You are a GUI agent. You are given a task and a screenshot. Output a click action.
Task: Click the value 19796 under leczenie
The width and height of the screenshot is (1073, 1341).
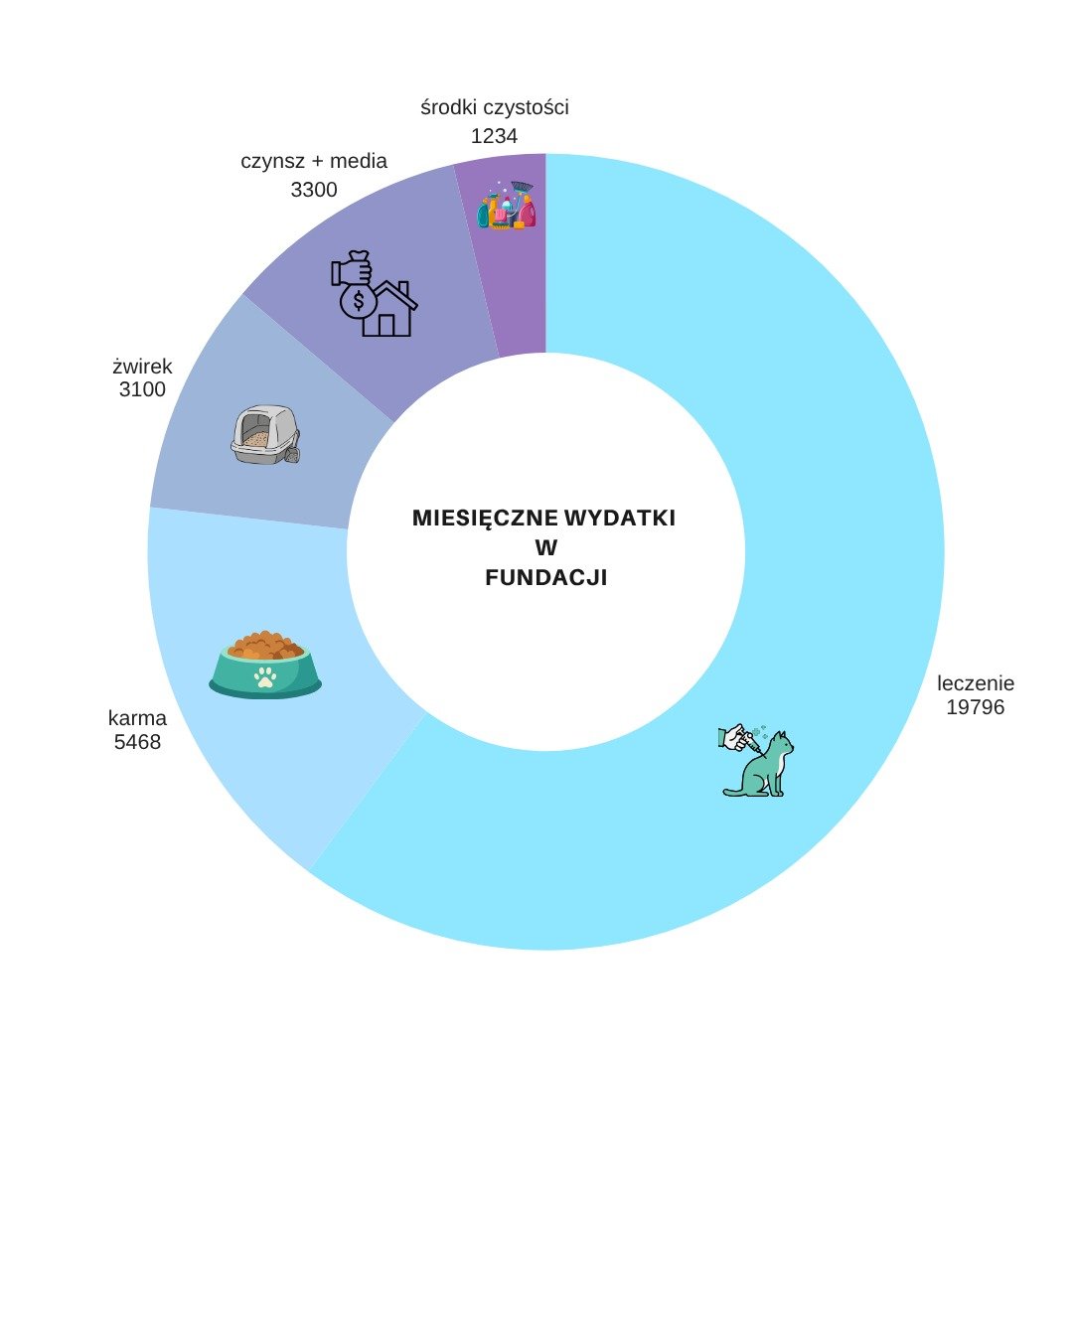click(x=975, y=706)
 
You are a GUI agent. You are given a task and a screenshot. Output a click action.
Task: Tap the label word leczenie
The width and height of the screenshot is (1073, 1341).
click(x=975, y=683)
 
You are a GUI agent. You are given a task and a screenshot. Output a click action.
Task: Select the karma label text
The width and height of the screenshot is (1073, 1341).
click(x=137, y=718)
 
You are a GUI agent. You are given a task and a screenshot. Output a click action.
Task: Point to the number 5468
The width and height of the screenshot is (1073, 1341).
click(x=137, y=742)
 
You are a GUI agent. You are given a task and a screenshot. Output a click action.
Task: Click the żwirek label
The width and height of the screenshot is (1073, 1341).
click(x=142, y=366)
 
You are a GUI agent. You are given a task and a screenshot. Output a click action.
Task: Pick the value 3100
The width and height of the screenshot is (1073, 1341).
click(x=142, y=389)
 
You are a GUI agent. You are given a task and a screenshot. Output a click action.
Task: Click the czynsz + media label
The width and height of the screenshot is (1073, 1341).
click(x=314, y=161)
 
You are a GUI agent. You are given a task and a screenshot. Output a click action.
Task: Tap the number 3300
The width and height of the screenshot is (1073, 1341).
click(x=314, y=190)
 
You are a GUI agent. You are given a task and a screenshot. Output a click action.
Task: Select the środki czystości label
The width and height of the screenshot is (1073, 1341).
click(x=495, y=107)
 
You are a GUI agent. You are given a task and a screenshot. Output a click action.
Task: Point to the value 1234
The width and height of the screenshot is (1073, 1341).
click(x=494, y=136)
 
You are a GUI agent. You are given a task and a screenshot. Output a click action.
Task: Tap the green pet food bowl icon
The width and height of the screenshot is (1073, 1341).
click(x=265, y=665)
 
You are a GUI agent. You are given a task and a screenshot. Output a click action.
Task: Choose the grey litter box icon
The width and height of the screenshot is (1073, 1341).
click(x=265, y=434)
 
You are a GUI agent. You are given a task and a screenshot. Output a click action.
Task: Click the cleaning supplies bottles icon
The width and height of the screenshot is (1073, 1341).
click(x=507, y=206)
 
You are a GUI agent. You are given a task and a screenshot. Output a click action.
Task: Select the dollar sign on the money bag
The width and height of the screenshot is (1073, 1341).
click(x=359, y=301)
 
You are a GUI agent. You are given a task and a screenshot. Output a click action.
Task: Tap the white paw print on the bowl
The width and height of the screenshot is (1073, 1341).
click(x=265, y=676)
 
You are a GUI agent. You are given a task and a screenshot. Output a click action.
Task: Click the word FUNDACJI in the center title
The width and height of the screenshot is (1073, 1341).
click(x=545, y=578)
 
